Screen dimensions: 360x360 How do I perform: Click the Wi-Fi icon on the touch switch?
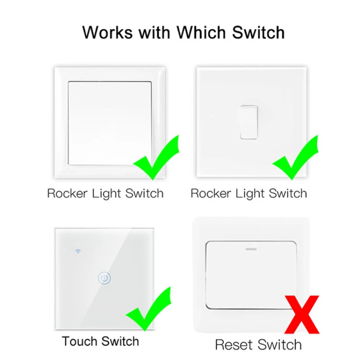point(77,250)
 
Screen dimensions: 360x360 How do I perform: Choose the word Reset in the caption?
point(234,345)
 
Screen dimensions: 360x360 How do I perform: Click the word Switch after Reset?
point(279,345)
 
